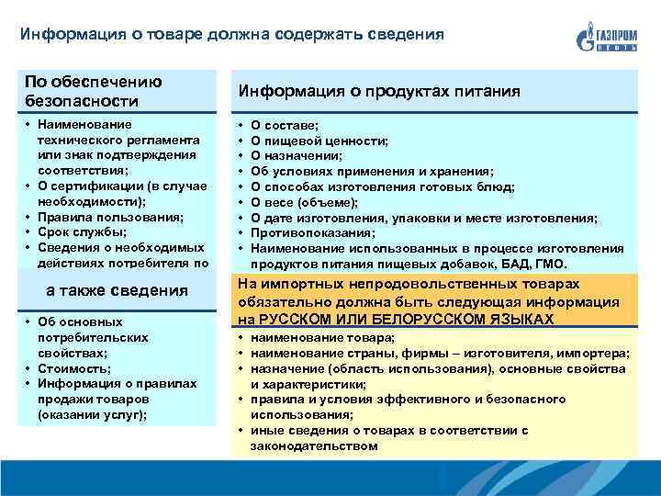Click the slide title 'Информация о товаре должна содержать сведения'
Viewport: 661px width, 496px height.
(231, 34)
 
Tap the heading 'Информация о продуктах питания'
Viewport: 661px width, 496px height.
(379, 91)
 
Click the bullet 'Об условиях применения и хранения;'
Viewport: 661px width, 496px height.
(372, 172)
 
